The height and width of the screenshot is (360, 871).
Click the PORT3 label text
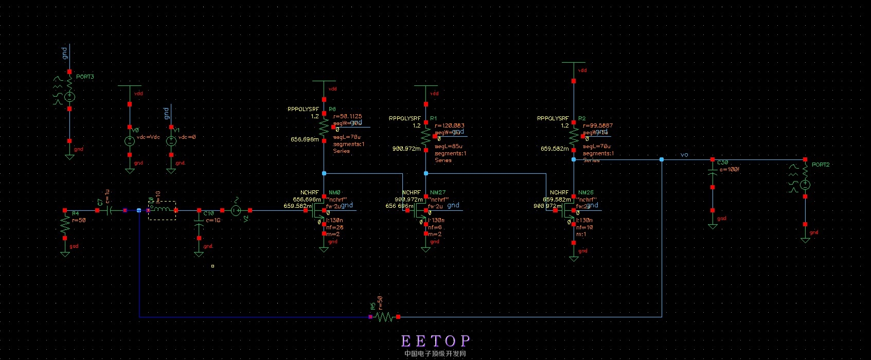pos(85,77)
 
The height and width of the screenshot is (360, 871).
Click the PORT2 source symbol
pos(805,185)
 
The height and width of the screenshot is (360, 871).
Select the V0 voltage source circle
pos(130,141)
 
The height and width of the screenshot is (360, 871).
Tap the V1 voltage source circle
pos(171,141)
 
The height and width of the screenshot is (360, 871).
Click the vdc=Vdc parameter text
pos(148,137)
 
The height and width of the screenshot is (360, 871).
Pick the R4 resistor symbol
pos(65,224)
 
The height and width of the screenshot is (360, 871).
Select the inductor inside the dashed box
pos(162,210)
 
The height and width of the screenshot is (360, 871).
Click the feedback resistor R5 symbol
pos(384,317)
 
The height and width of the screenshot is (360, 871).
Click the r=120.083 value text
pos(450,125)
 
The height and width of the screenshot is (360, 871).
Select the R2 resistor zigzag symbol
pos(574,136)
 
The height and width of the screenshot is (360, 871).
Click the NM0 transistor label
pos(334,192)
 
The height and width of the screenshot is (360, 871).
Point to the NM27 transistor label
pos(438,192)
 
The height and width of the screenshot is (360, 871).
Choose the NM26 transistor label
pos(586,192)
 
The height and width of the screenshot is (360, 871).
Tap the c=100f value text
pos(730,169)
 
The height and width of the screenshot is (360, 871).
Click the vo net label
pos(684,155)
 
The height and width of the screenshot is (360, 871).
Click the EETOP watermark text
pos(435,340)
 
